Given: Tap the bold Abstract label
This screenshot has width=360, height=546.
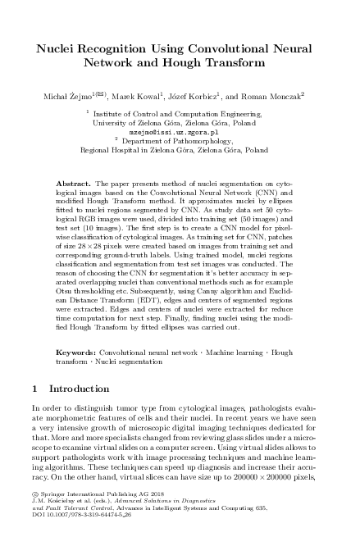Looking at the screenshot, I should tap(78, 176).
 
